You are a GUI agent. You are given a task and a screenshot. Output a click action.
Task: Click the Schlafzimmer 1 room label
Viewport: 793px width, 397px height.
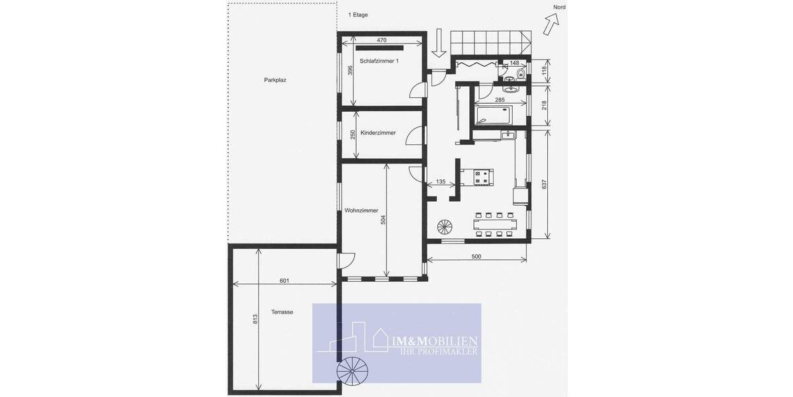(x=379, y=61)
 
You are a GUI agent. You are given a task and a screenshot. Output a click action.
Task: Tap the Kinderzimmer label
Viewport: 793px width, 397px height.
(x=378, y=133)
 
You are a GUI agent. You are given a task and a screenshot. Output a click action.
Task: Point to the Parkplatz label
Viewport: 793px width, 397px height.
(x=275, y=79)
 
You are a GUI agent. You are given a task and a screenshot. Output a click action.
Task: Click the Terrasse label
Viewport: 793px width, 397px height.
(x=282, y=312)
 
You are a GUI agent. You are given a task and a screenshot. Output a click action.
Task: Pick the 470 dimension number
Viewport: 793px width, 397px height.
(x=381, y=40)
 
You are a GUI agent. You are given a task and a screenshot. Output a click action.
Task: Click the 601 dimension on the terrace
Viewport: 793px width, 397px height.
(x=284, y=281)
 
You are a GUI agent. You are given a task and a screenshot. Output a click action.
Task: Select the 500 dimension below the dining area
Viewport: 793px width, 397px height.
(x=476, y=256)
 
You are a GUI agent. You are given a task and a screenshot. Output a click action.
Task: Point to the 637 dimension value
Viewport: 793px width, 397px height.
(x=544, y=185)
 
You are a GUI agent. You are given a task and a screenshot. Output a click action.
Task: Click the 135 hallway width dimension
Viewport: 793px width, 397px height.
(x=441, y=181)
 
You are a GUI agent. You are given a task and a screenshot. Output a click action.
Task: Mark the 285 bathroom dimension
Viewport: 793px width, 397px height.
(x=500, y=100)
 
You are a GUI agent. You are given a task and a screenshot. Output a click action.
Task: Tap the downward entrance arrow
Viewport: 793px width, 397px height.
(x=437, y=44)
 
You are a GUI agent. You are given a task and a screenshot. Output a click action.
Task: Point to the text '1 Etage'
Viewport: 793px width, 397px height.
(x=359, y=15)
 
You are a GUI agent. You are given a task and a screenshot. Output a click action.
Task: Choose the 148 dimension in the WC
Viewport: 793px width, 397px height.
(x=515, y=63)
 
